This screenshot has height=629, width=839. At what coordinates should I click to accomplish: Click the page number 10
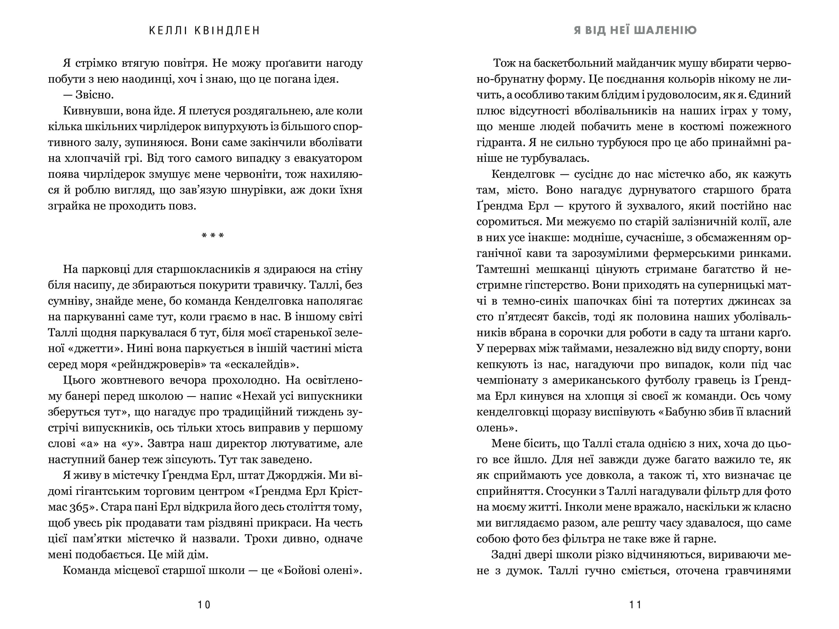click(x=204, y=604)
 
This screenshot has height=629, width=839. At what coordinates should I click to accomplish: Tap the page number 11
click(x=635, y=604)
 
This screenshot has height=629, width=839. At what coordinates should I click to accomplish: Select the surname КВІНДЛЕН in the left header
click(x=227, y=31)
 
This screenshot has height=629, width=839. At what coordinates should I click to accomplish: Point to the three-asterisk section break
click(x=213, y=236)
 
